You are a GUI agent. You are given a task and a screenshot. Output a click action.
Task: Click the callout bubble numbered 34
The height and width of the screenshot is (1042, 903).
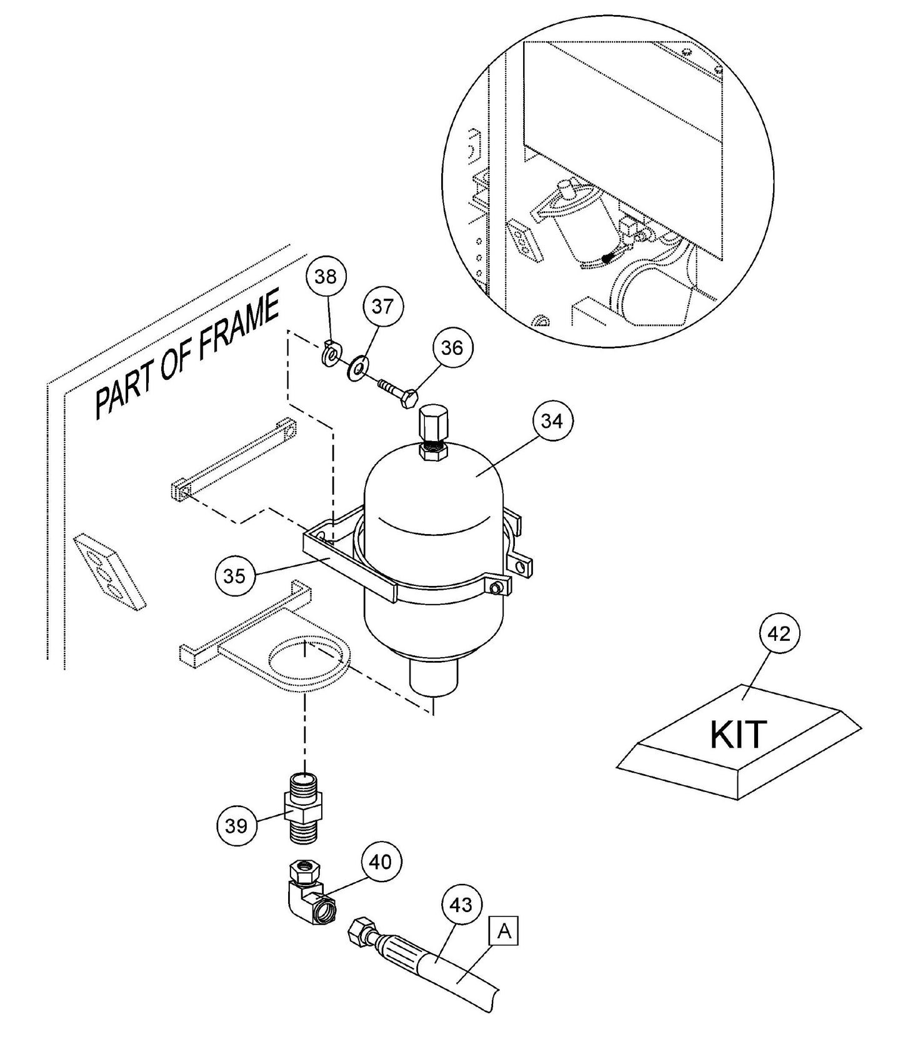pyautogui.click(x=552, y=422)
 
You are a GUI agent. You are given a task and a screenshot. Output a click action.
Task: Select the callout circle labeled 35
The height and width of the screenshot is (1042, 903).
pyautogui.click(x=234, y=575)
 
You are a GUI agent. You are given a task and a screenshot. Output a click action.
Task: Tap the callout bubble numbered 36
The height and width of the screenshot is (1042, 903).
pyautogui.click(x=452, y=347)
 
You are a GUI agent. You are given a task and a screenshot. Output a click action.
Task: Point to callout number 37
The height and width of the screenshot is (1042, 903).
pyautogui.click(x=383, y=307)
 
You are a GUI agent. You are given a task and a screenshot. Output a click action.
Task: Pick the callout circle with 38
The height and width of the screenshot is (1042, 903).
pyautogui.click(x=326, y=276)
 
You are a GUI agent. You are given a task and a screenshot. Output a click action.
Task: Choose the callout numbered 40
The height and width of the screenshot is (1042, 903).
pyautogui.click(x=381, y=862)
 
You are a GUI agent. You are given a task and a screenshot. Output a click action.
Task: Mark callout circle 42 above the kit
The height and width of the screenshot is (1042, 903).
pyautogui.click(x=779, y=634)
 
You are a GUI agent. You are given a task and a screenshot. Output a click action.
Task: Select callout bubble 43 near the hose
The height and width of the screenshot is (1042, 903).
pyautogui.click(x=461, y=905)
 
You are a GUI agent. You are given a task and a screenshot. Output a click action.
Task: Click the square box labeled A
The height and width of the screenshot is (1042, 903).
pyautogui.click(x=504, y=931)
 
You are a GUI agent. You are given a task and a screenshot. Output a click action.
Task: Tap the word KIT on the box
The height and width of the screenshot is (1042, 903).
pyautogui.click(x=738, y=735)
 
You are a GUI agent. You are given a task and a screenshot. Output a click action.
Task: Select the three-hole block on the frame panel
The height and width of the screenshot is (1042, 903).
pyautogui.click(x=109, y=568)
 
